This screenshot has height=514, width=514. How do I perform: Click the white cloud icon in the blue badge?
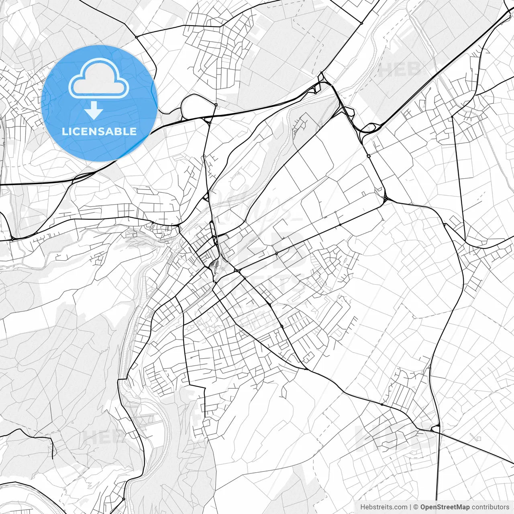tap(99, 78)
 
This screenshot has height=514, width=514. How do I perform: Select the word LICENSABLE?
tap(99, 131)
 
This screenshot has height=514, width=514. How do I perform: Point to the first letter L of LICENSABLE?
tap(65, 131)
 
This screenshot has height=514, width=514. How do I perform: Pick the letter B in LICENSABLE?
tap(120, 131)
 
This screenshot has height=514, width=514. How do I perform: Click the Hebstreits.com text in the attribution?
tap(383, 507)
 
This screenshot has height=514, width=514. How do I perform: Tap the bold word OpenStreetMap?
tap(445, 507)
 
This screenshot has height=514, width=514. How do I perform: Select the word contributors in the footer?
tap(490, 507)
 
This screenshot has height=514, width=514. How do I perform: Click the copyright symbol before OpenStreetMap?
tap(416, 507)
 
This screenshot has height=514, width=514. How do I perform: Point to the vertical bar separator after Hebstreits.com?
tap(410, 507)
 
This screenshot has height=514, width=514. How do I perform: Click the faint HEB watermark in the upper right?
tap(400, 69)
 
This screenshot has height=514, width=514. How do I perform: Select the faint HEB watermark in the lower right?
tap(396, 438)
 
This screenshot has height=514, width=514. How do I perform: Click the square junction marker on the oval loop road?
tap(216, 105)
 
